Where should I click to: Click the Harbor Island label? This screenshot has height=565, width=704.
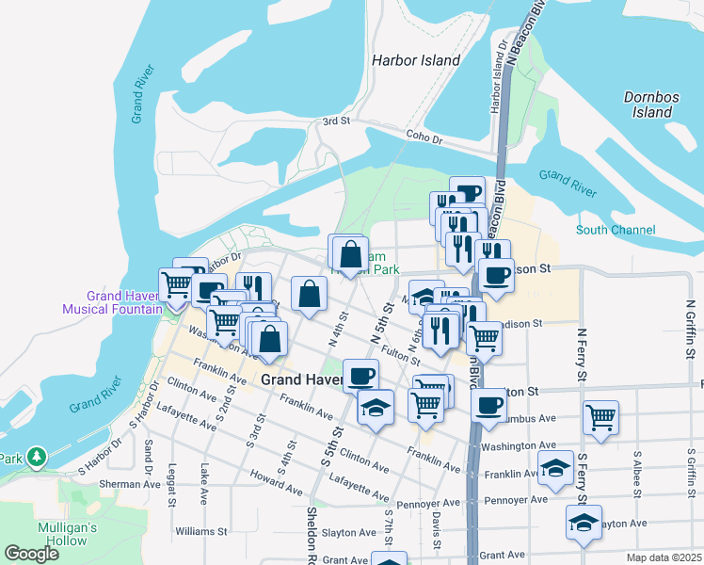coord(416,60)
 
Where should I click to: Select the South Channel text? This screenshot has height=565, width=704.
coord(616,230)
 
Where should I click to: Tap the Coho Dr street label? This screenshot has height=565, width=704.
coord(424,138)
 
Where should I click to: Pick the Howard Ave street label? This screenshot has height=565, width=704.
coord(276,484)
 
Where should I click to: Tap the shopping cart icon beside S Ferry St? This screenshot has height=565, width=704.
coord(600,415)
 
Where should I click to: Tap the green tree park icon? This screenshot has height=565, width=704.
coord(37,457)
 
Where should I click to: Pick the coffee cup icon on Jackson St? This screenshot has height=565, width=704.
coord(496,275)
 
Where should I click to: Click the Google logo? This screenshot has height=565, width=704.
coord(32,553)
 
